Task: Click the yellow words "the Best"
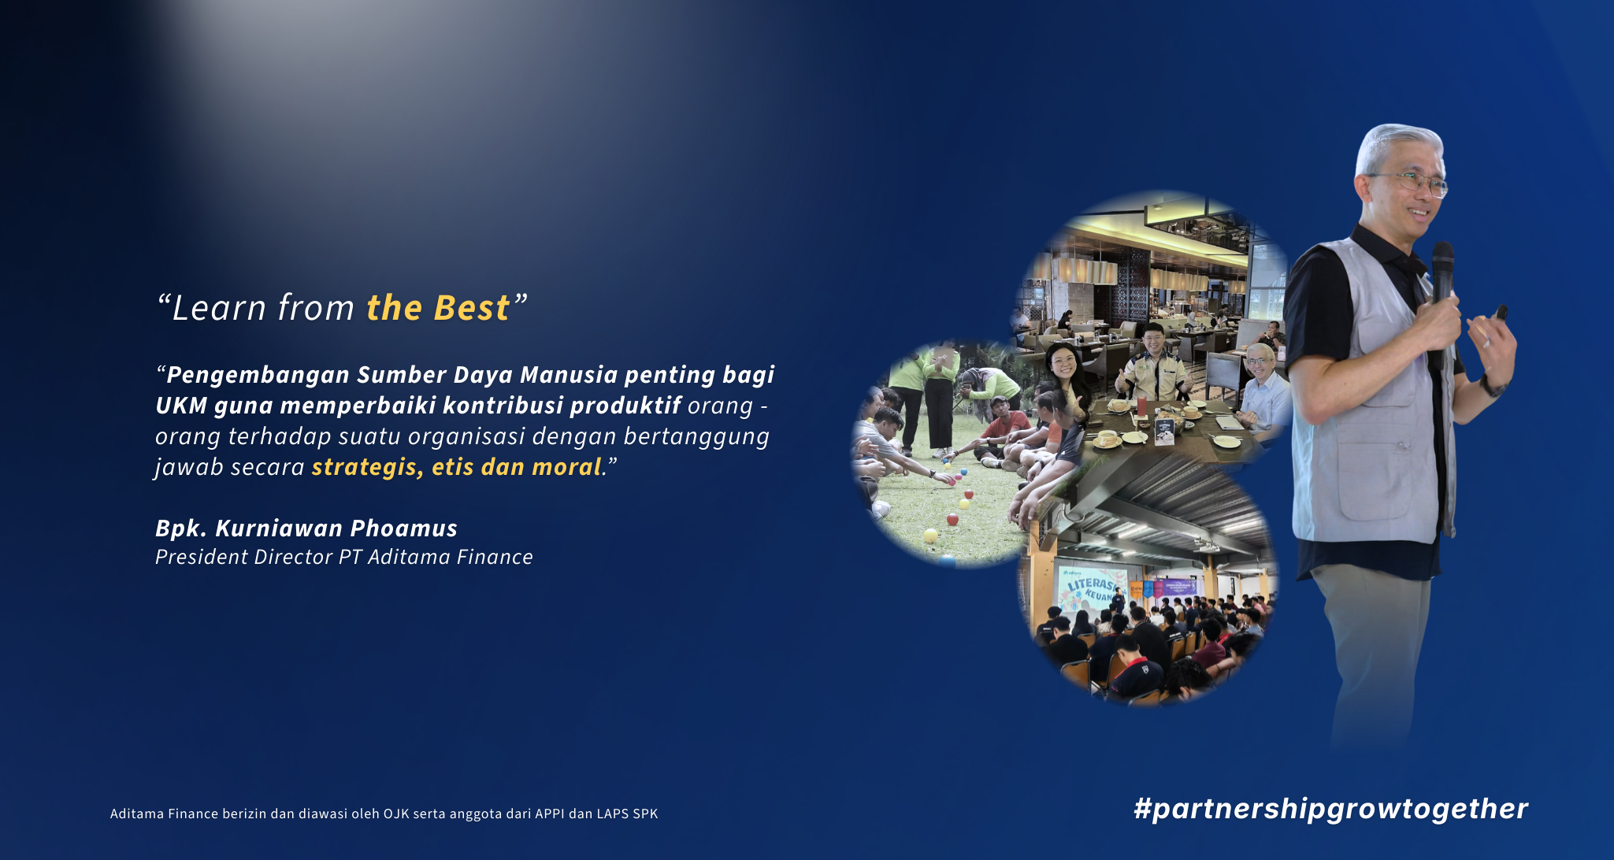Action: (x=438, y=308)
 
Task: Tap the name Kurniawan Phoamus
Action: (x=336, y=528)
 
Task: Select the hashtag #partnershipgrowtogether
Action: (x=1331, y=809)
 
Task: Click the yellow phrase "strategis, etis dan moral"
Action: (x=457, y=467)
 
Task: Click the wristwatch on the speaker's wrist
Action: (x=1492, y=386)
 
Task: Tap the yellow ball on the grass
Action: (x=930, y=536)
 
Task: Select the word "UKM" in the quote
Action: (x=181, y=406)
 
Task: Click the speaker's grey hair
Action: (x=1398, y=146)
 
